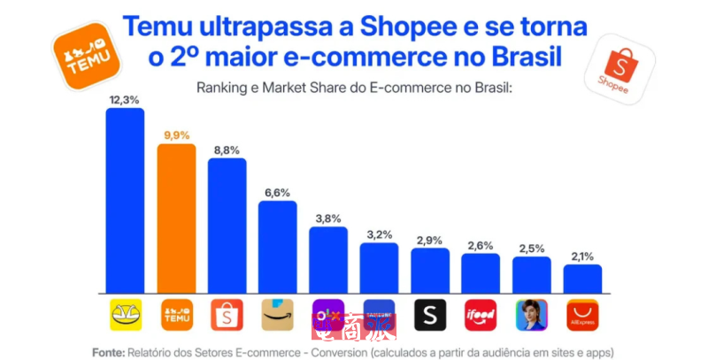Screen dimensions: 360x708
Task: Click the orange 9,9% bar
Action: tap(176, 218)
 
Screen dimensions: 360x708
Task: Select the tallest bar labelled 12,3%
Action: tap(125, 201)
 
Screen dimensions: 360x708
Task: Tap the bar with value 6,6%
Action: tap(277, 248)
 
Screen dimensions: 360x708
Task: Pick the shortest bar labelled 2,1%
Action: tap(582, 279)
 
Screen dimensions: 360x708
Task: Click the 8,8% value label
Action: tap(227, 150)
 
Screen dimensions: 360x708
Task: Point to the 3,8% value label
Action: tap(327, 218)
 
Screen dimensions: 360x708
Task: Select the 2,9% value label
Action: tap(430, 241)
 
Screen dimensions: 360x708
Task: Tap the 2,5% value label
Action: tap(532, 249)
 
